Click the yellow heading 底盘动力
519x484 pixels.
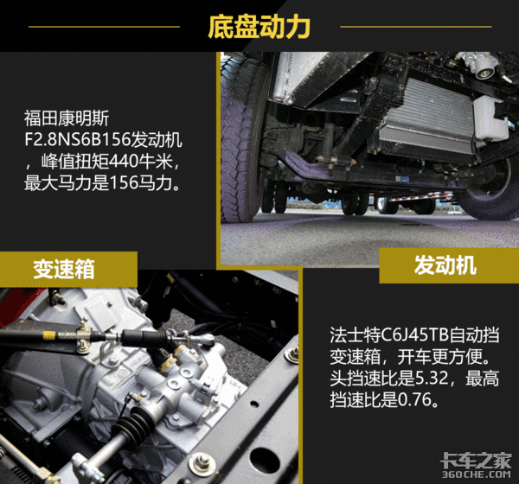point(259,27)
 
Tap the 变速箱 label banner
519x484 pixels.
point(68,269)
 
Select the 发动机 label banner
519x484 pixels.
point(449,265)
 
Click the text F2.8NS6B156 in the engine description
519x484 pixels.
point(78,140)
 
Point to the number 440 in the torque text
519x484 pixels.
point(125,162)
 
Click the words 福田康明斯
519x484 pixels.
point(67,118)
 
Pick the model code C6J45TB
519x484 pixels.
point(414,335)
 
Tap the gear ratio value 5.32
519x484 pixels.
point(432,379)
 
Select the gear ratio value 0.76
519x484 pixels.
point(414,399)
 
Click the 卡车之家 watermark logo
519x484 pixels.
point(476,460)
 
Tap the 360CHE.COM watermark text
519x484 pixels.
point(476,474)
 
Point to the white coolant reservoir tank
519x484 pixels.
point(490,118)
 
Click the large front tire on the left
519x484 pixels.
point(241,139)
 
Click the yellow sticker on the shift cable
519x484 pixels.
point(49,335)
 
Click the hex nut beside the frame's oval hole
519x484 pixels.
point(202,461)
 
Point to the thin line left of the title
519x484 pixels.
point(105,27)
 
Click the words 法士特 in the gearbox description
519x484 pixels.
point(356,335)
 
